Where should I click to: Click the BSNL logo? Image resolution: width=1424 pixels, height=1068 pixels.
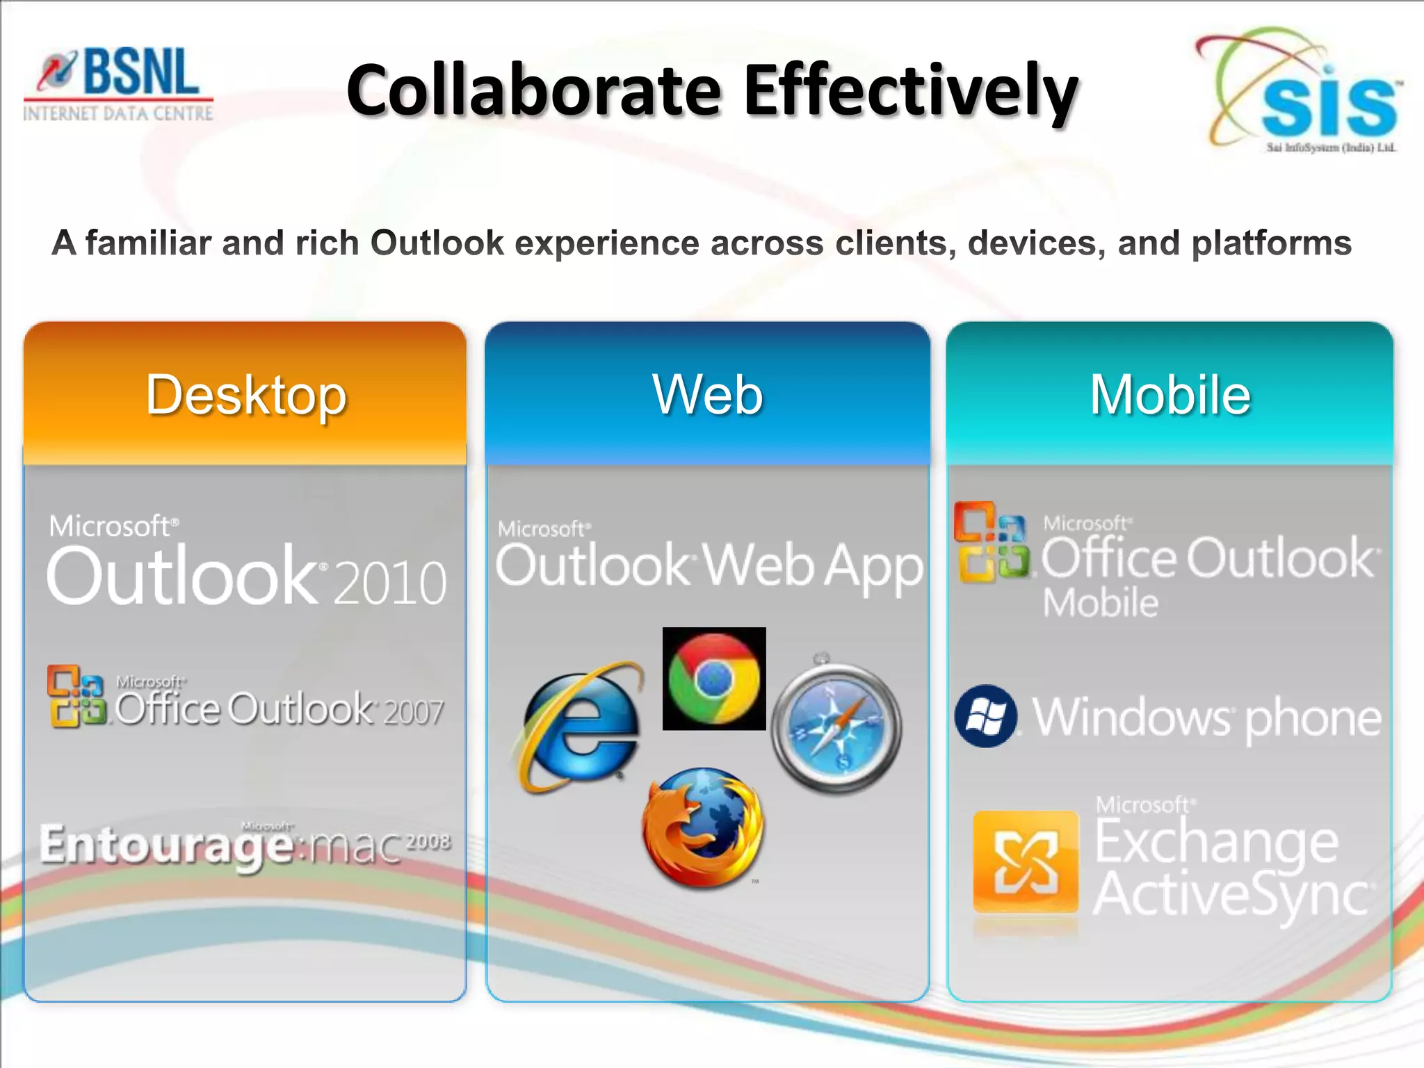[x=119, y=84]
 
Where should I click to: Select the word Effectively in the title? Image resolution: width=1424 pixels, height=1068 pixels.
[x=911, y=91]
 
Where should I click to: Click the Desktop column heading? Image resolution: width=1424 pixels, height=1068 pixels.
[x=246, y=395]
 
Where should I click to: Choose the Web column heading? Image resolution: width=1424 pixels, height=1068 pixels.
[x=707, y=395]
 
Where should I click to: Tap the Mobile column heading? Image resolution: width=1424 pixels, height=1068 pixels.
[x=1170, y=395]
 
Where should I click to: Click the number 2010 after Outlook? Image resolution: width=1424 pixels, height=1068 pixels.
[x=390, y=583]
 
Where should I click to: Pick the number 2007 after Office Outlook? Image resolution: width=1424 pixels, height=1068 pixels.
[x=413, y=712]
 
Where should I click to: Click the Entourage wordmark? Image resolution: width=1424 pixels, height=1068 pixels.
[x=167, y=845]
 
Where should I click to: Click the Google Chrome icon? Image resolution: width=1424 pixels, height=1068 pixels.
[x=714, y=679]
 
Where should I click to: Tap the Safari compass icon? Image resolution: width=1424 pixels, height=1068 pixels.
[x=836, y=727]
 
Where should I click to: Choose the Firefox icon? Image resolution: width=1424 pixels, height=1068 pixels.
[x=703, y=827]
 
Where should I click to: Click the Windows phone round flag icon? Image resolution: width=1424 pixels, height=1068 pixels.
[x=985, y=716]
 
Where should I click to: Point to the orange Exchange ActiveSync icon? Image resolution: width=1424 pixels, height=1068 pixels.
[x=1025, y=863]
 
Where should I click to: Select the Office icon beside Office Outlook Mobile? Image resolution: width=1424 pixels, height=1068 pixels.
[x=992, y=542]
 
